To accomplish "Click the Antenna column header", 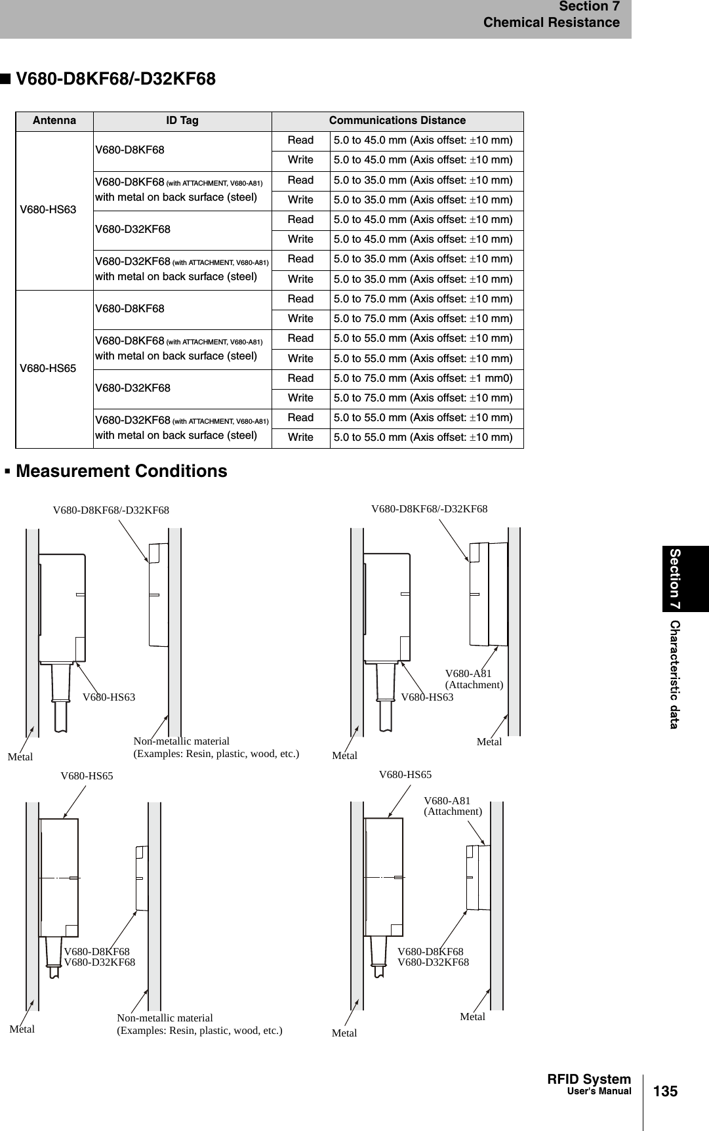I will click(x=54, y=121).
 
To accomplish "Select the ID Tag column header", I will click(x=182, y=121).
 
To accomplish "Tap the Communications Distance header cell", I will click(x=397, y=121).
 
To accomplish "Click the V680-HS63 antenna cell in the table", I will click(x=48, y=210).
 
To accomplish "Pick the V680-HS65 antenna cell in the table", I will click(x=48, y=368).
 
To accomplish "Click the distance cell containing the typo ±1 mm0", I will click(x=423, y=379).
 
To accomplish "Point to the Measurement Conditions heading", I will click(x=121, y=471).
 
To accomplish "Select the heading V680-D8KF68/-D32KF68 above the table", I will click(x=115, y=79).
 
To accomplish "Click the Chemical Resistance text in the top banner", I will click(x=551, y=23).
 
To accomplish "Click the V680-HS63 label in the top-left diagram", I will click(x=109, y=697).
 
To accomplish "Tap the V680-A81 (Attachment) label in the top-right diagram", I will click(x=474, y=679).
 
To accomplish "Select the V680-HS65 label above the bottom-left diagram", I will click(x=87, y=776).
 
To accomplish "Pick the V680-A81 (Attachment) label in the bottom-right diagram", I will click(x=453, y=806).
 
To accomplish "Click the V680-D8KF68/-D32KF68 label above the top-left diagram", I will click(x=111, y=510).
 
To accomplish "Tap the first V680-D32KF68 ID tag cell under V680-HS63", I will click(x=133, y=230).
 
